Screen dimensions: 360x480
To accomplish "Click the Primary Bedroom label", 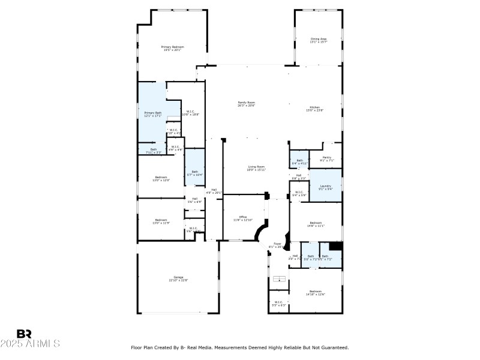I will [x=172, y=48].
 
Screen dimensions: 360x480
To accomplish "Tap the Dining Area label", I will [x=318, y=40].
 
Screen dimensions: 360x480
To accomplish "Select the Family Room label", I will [x=247, y=104].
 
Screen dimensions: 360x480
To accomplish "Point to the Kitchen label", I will [x=315, y=109].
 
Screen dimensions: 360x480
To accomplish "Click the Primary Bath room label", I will [x=152, y=114].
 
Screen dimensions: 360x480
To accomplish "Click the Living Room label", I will [x=257, y=168].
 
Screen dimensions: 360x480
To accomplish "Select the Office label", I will [x=243, y=218].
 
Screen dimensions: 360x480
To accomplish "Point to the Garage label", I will [x=178, y=278].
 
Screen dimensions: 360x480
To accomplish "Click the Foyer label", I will [x=277, y=245].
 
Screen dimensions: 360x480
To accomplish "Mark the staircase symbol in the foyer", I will [x=279, y=279].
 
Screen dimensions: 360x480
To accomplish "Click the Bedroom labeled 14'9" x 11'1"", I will [x=316, y=224].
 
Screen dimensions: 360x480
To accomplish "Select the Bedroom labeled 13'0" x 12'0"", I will [x=161, y=178].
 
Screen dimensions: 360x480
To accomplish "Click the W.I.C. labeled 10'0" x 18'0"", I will [x=190, y=112].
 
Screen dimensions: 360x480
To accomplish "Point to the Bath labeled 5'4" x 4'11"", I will [x=299, y=161].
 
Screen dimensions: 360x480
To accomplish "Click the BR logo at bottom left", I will [x=24, y=334].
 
